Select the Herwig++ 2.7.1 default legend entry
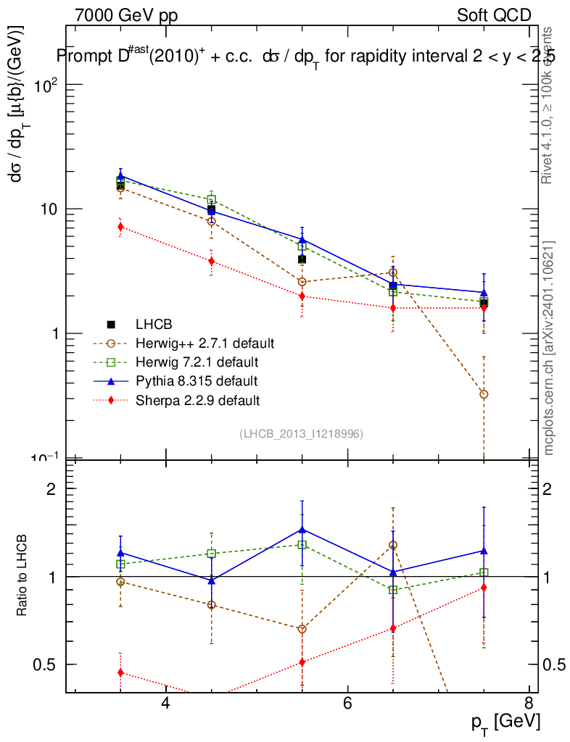(x=205, y=343)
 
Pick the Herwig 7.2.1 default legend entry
(x=197, y=362)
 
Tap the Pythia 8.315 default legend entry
(x=197, y=380)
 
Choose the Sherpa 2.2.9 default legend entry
(x=197, y=399)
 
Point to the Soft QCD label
(x=494, y=15)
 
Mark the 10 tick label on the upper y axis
(x=45, y=209)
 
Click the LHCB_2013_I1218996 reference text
(x=302, y=433)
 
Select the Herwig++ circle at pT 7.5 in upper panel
(x=484, y=394)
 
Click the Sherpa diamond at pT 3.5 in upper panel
(x=120, y=227)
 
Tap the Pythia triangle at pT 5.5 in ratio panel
(x=302, y=530)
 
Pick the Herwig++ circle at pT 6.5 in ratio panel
(x=393, y=545)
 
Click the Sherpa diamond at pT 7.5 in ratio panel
(x=484, y=588)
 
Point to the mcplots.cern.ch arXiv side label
(x=549, y=348)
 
